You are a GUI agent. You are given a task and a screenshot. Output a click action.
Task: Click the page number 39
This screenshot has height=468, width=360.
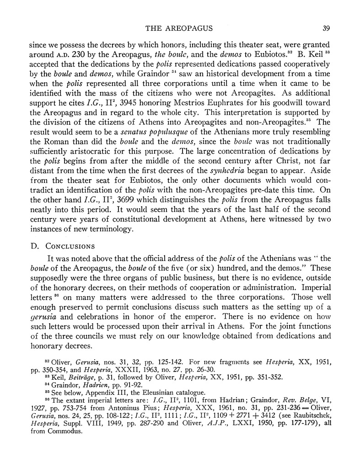(x=326, y=29)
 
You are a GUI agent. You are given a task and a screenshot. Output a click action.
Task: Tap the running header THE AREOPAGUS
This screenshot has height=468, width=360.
(x=180, y=29)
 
